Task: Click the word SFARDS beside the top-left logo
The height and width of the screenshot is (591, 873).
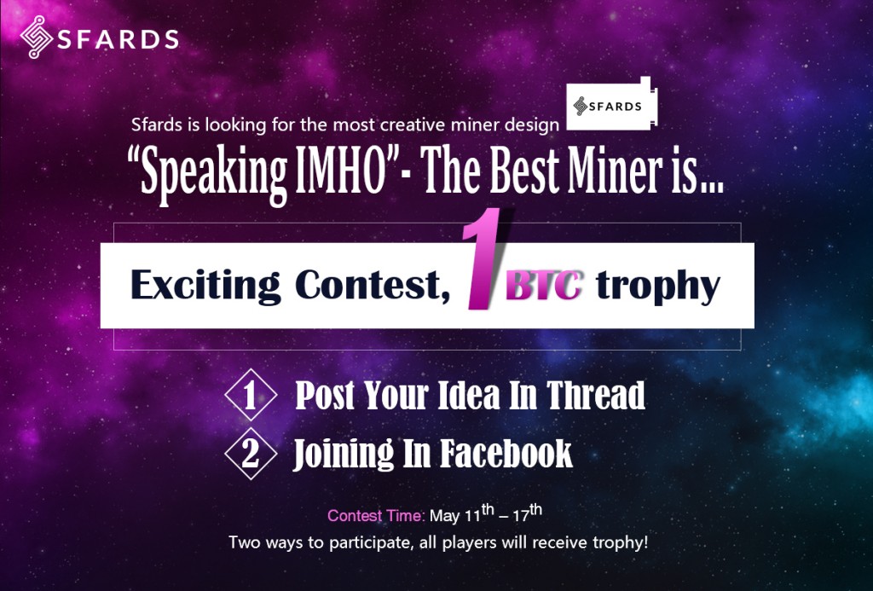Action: coord(118,39)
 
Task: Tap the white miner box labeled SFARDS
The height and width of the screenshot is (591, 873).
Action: coord(611,104)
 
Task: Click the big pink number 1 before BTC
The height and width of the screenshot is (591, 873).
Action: coord(483,259)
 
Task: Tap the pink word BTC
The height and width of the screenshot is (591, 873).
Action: coord(545,286)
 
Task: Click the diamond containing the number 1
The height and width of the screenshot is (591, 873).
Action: coord(251,394)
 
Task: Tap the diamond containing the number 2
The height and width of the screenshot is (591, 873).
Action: coord(251,454)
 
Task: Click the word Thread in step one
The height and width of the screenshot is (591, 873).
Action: coord(595,395)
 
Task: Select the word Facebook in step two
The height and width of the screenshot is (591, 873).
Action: coord(506,454)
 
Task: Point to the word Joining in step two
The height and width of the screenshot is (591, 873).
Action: coord(343,455)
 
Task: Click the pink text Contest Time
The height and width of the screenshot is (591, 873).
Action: coord(376,516)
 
